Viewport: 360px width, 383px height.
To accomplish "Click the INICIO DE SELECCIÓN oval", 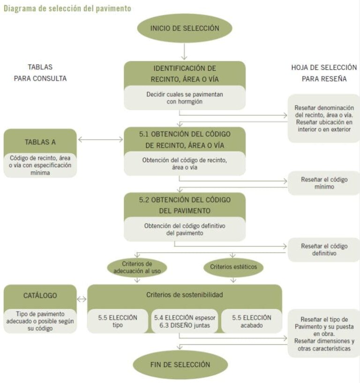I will point(185,28).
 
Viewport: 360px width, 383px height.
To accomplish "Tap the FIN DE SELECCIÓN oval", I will point(180,364).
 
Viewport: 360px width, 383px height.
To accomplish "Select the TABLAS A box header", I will point(40,142).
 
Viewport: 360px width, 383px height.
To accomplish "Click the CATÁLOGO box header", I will point(40,295).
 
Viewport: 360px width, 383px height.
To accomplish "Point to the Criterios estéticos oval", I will point(233,267).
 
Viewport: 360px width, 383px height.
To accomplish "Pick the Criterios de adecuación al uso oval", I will point(137,267).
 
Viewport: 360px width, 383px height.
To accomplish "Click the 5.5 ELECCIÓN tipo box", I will point(118,321).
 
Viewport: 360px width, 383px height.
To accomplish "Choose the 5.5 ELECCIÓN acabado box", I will point(252,321).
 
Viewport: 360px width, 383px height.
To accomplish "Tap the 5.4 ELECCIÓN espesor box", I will point(185,321).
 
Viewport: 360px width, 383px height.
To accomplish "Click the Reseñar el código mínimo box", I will point(324,183).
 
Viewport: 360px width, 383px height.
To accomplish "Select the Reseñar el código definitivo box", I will point(324,250).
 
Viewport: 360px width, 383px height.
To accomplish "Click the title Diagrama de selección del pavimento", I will point(67,8).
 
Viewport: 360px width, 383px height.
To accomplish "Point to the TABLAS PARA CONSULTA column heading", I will point(40,73).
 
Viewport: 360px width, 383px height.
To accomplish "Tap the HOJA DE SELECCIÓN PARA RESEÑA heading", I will point(324,73).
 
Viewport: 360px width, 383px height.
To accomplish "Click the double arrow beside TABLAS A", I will point(100,139).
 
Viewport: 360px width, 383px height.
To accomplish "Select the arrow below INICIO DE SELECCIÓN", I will point(185,51).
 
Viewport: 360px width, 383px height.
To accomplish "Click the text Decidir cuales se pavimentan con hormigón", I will point(185,98).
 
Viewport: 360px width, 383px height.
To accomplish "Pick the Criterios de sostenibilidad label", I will point(185,295).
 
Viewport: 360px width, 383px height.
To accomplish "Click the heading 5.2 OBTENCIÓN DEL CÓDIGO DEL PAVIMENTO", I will point(185,205).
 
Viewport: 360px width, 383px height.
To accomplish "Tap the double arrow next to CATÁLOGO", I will point(82,299).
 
